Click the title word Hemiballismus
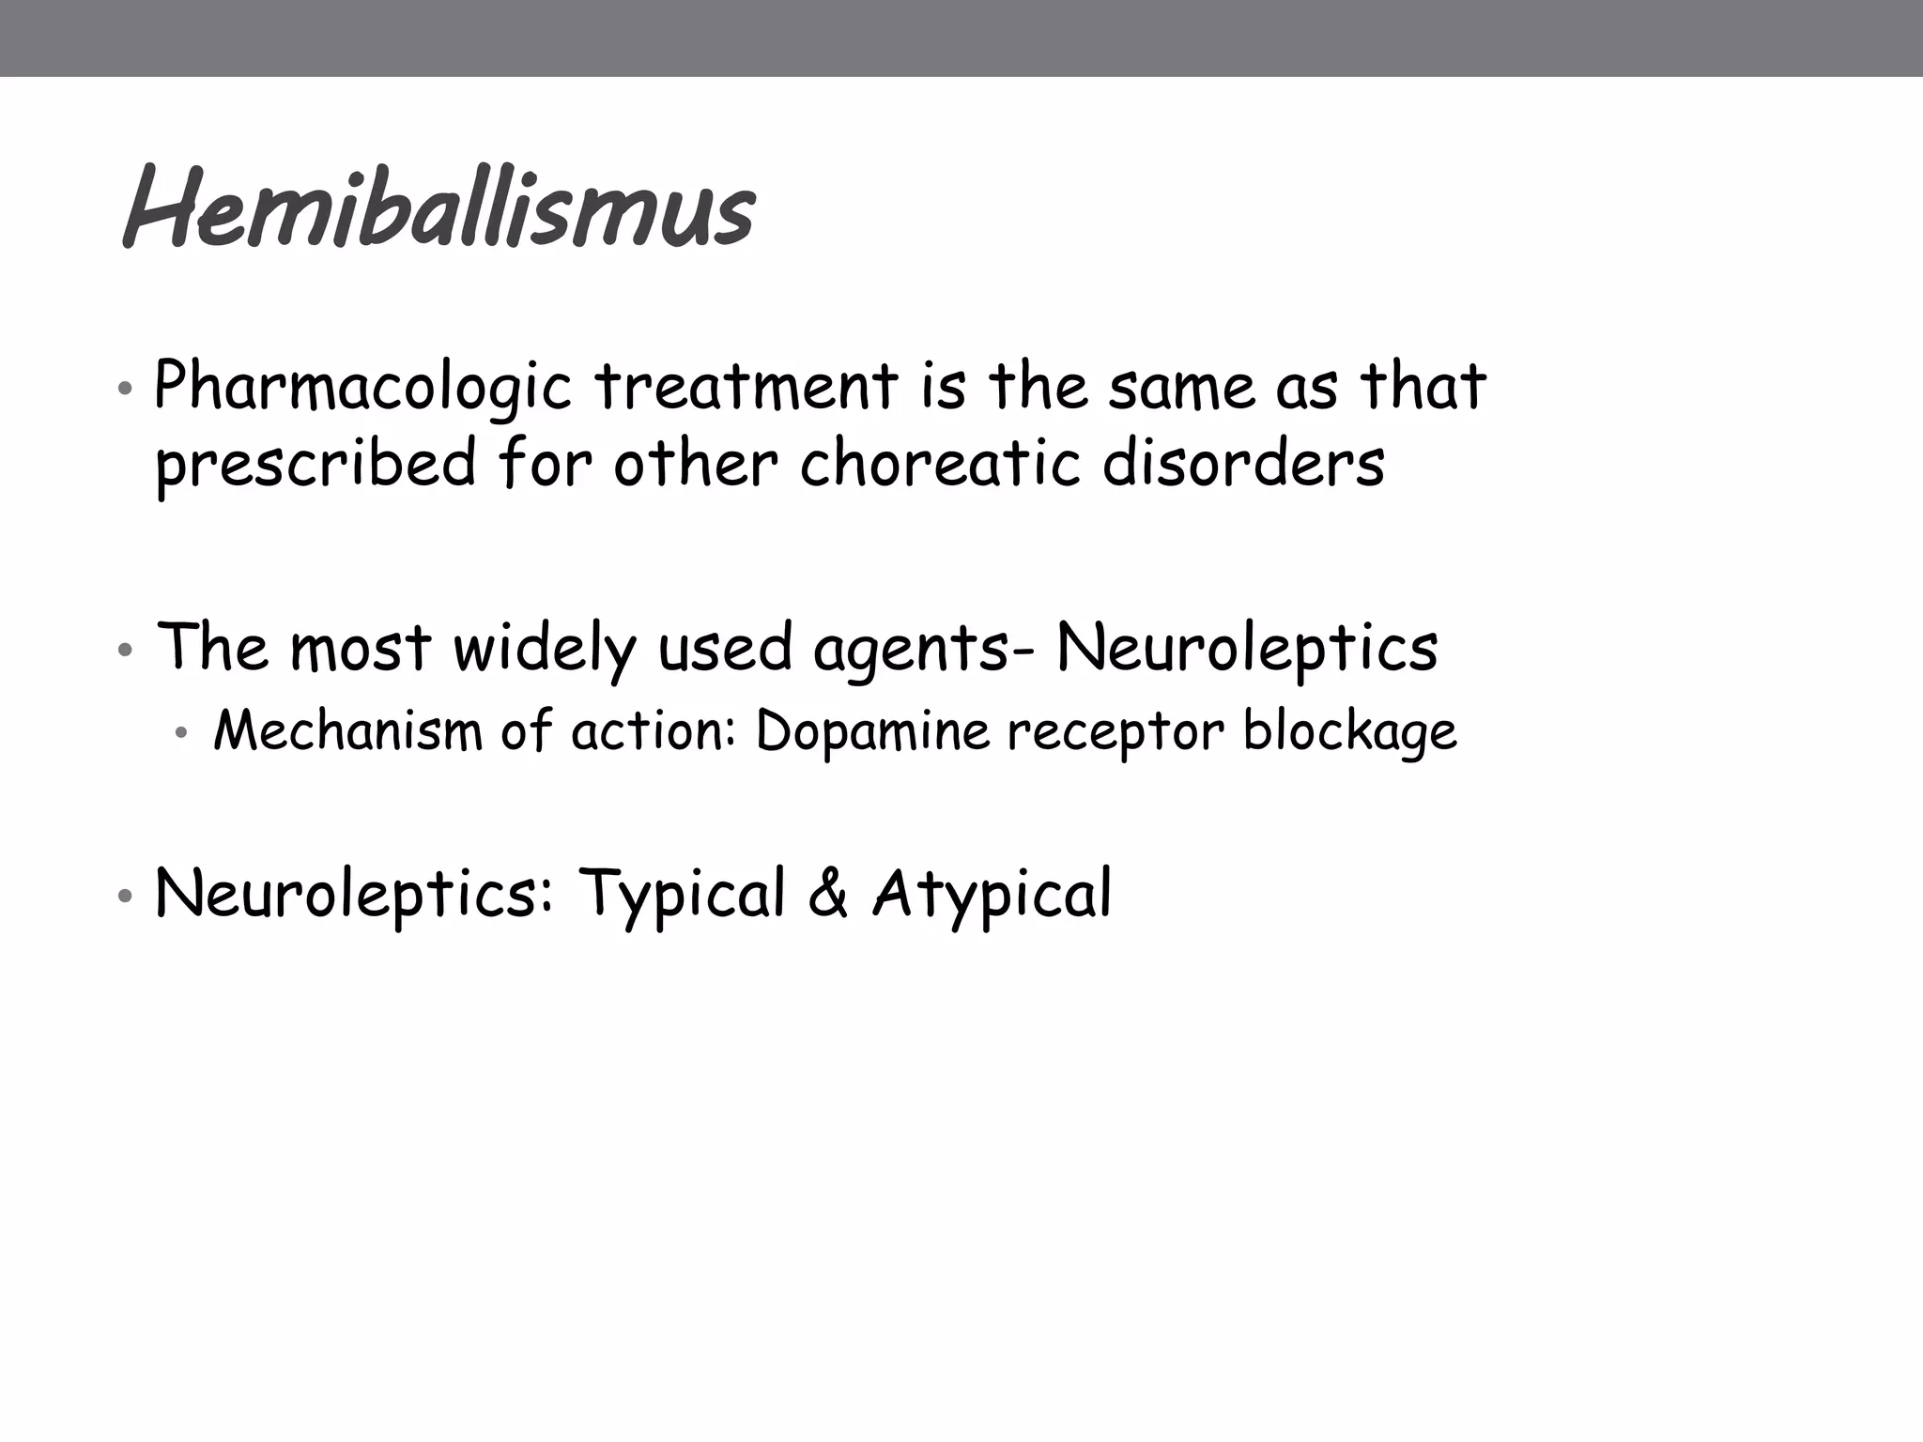[x=438, y=208]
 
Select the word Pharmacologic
[x=362, y=387]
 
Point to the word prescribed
[x=315, y=465]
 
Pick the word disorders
[x=1243, y=463]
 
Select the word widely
[x=545, y=649]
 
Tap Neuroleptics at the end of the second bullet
[x=1247, y=649]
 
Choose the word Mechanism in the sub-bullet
[x=347, y=730]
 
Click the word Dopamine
[x=872, y=732]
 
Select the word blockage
[x=1349, y=732]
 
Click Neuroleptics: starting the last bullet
[x=353, y=894]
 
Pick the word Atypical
[x=992, y=894]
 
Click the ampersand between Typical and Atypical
[x=828, y=894]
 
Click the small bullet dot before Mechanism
[x=182, y=733]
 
